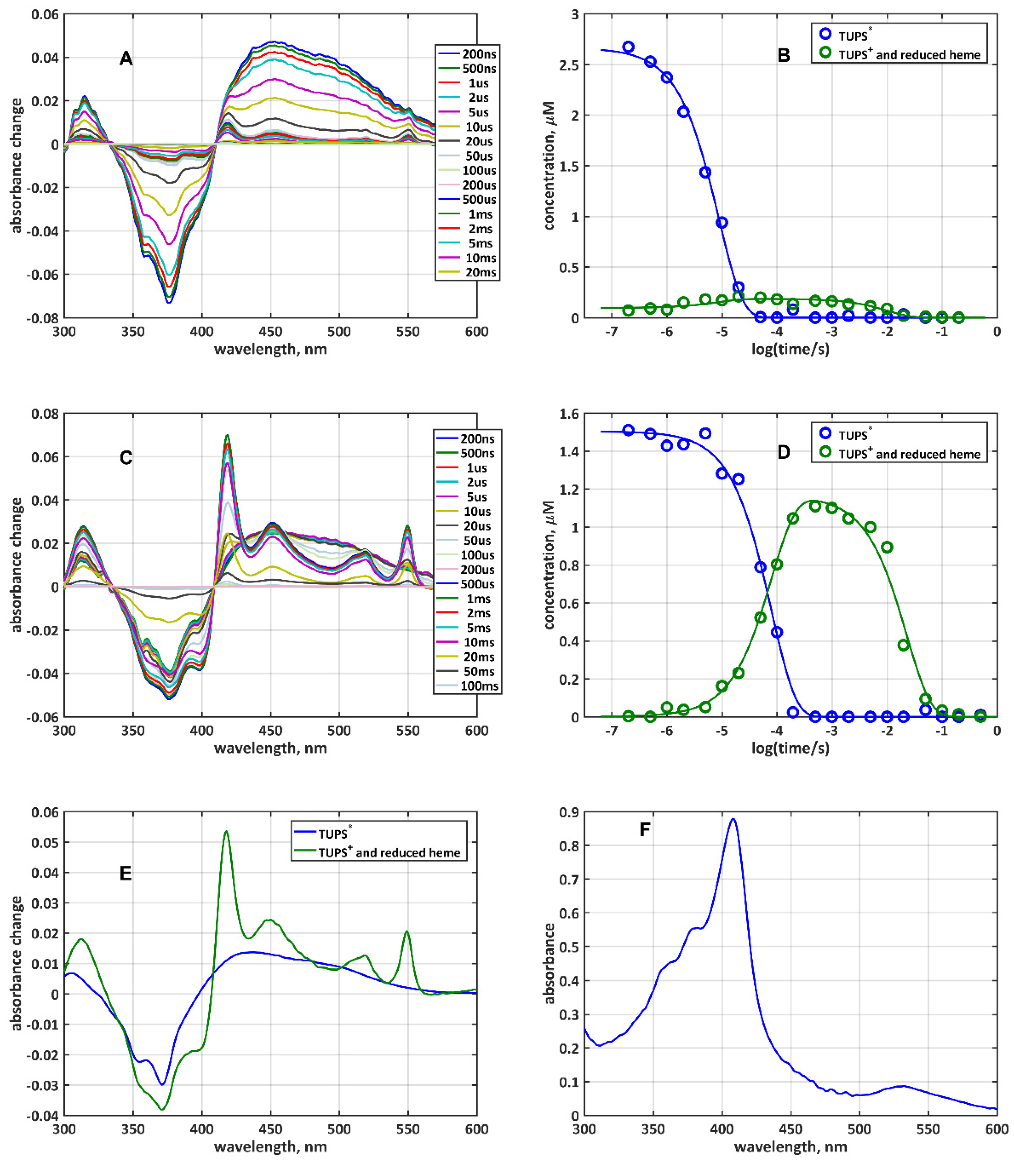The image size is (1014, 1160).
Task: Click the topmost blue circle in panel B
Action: [628, 47]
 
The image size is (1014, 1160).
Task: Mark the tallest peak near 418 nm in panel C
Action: [228, 436]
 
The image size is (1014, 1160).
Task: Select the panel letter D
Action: [784, 452]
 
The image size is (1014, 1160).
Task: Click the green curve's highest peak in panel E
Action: [226, 832]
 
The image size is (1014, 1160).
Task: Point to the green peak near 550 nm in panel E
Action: [406, 931]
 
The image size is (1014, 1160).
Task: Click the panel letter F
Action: [644, 830]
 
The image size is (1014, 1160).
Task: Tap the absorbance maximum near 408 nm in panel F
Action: [733, 819]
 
